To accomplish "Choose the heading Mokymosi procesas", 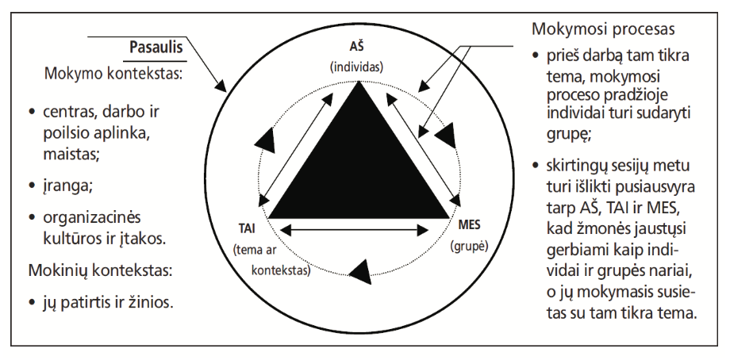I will click(x=603, y=30).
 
